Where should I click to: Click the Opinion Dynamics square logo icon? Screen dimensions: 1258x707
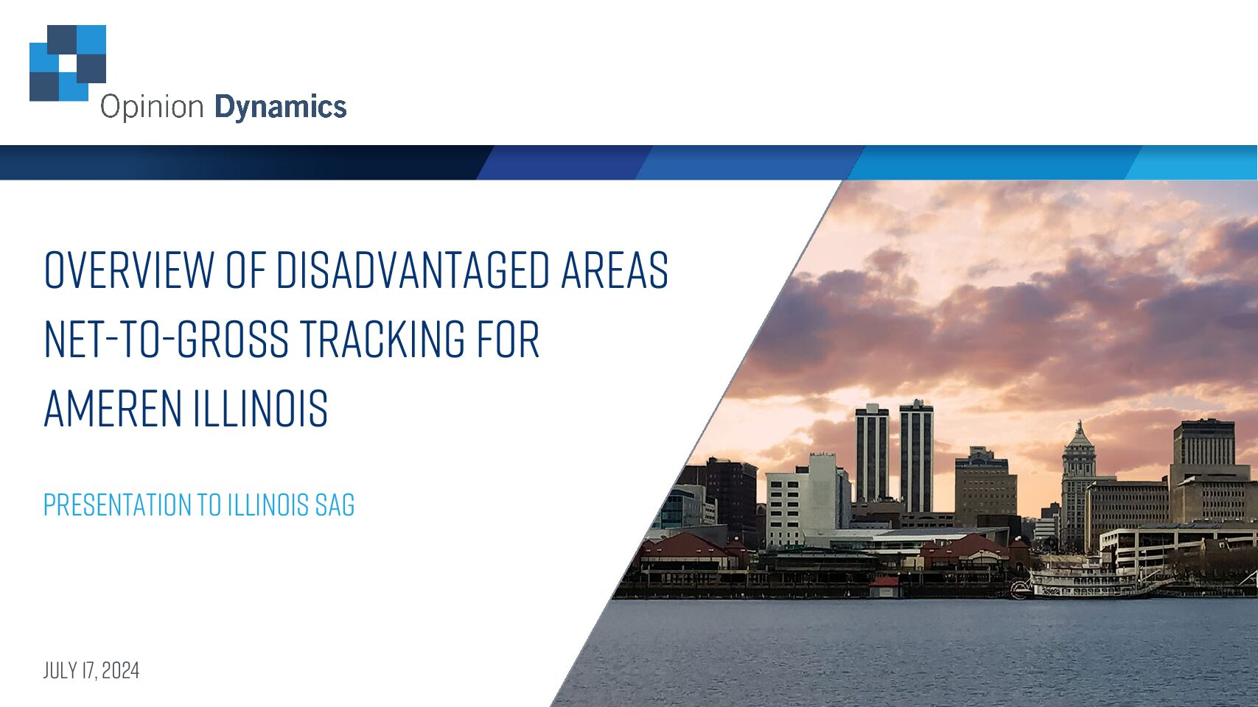[x=67, y=63]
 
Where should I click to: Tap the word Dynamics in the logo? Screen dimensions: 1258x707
[x=281, y=108]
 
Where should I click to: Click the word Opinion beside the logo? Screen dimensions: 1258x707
[x=152, y=108]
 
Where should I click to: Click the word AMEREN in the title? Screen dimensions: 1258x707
[x=113, y=408]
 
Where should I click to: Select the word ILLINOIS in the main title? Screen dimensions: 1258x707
[x=261, y=408]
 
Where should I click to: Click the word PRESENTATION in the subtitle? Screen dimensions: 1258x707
[x=117, y=504]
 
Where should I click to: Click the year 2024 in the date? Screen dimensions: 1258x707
[x=121, y=670]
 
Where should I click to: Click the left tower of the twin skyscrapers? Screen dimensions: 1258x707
[x=872, y=454]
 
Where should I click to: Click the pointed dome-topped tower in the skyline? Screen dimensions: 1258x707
[x=1078, y=482]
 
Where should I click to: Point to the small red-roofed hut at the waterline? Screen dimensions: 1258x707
[x=884, y=587]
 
